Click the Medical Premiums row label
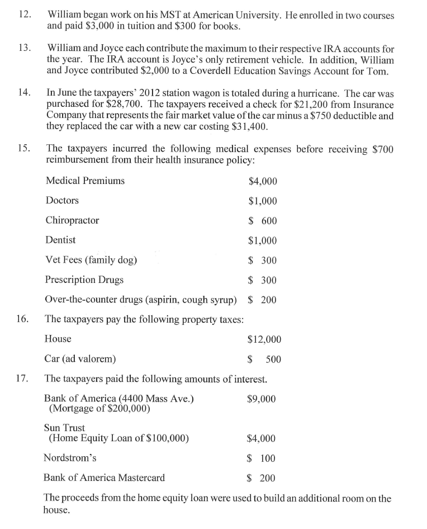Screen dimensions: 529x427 click(x=85, y=181)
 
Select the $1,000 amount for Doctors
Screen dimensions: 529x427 click(x=262, y=201)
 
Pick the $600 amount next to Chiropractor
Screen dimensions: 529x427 click(x=262, y=221)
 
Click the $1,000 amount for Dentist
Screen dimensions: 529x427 click(x=262, y=240)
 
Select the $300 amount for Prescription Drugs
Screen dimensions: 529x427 click(x=262, y=280)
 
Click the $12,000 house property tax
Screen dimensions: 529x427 click(x=264, y=339)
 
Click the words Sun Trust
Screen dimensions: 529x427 click(x=64, y=428)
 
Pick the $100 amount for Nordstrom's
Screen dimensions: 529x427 click(x=262, y=459)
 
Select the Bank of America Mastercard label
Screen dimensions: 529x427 click(x=104, y=478)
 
